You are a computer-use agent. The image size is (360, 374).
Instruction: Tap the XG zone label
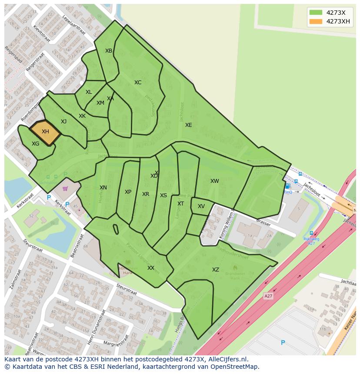pyautogui.click(x=36, y=144)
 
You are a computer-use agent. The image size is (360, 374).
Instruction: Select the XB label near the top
pyautogui.click(x=109, y=51)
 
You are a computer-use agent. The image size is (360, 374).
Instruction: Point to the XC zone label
pyautogui.click(x=138, y=83)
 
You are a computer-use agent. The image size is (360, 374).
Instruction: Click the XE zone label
pyautogui.click(x=188, y=125)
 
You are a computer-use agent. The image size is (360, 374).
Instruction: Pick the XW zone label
pyautogui.click(x=215, y=181)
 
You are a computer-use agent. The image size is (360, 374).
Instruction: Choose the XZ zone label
pyautogui.click(x=216, y=270)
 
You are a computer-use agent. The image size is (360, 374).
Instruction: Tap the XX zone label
pyautogui.click(x=151, y=268)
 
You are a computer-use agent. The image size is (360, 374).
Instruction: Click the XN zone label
pyautogui.click(x=103, y=188)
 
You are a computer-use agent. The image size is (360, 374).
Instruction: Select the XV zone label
pyautogui.click(x=201, y=206)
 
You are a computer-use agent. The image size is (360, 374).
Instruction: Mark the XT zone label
pyautogui.click(x=180, y=204)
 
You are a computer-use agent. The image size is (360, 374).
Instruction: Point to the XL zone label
pyautogui.click(x=89, y=92)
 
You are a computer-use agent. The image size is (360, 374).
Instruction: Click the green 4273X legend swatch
pyautogui.click(x=316, y=13)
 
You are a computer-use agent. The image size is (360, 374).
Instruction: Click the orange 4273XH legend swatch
pyautogui.click(x=316, y=21)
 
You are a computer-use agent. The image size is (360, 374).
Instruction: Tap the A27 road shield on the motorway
pyautogui.click(x=269, y=296)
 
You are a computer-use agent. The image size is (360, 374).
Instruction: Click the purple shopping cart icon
pyautogui.click(x=65, y=189)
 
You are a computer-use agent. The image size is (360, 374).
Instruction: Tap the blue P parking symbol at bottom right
pyautogui.click(x=283, y=343)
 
